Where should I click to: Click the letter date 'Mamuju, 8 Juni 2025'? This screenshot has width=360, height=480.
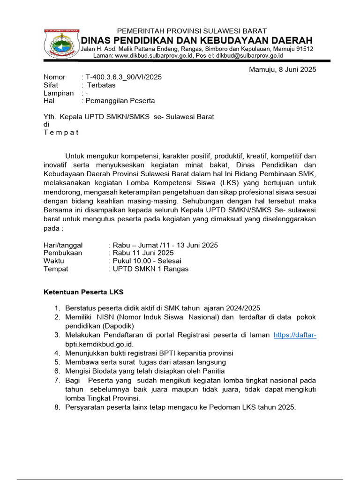coord(282,70)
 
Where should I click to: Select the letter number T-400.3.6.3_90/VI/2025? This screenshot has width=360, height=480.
coord(123,77)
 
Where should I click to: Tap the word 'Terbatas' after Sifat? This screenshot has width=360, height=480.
coord(101,85)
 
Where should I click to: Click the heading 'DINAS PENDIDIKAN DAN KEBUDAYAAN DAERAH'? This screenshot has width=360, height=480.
coord(197,40)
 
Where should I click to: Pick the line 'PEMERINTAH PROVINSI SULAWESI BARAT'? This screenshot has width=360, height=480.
coord(192,31)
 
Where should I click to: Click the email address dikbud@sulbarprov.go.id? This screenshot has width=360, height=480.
coord(249,55)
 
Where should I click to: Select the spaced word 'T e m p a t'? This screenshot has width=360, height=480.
coord(61,132)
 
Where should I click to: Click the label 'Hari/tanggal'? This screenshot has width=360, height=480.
coord(63,245)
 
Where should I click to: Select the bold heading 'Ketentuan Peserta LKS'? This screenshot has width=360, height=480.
coord(83,292)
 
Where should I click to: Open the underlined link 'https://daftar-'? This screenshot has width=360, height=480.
coord(295,335)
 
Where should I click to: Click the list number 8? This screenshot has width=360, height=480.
coord(57,407)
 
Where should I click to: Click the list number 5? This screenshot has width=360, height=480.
coord(57,362)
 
